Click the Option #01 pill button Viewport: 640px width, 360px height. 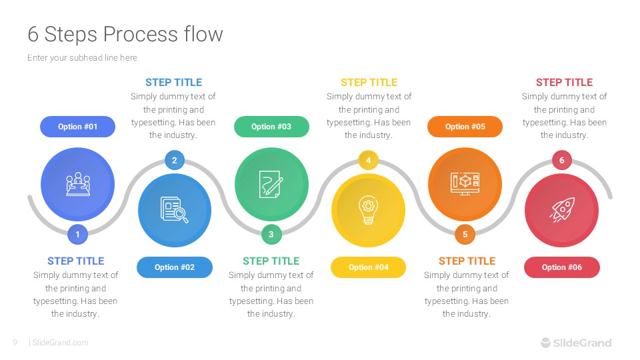(x=77, y=127)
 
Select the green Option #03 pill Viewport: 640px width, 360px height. (x=271, y=127)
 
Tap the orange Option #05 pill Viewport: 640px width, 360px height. (x=465, y=127)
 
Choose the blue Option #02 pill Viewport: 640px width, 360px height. (x=175, y=267)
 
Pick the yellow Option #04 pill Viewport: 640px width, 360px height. (x=368, y=267)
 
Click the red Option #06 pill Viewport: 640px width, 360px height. (x=561, y=267)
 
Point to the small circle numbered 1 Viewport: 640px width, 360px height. (x=77, y=234)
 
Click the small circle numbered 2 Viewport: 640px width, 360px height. (x=175, y=160)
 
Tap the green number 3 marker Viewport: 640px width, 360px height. (x=271, y=234)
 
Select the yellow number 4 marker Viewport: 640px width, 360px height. (x=368, y=160)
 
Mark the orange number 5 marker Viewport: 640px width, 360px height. (x=465, y=234)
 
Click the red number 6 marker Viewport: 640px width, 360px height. (x=561, y=160)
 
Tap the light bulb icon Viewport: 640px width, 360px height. (x=368, y=210)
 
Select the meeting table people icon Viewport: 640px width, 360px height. (x=77, y=184)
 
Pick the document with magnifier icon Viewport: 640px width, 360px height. (x=175, y=210)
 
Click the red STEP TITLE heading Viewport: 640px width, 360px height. (x=564, y=83)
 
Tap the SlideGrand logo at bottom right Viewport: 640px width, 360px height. (x=576, y=343)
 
